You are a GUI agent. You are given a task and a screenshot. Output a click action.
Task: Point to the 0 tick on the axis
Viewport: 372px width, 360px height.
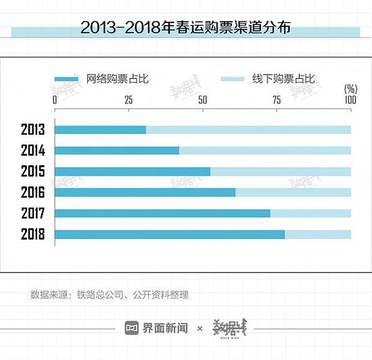click(x=55, y=99)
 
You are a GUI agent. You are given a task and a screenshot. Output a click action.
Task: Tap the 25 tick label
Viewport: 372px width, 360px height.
click(x=128, y=99)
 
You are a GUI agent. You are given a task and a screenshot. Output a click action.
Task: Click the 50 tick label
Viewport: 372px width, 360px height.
click(x=202, y=99)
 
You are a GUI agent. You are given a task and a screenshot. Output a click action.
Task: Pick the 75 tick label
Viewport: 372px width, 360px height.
click(x=277, y=99)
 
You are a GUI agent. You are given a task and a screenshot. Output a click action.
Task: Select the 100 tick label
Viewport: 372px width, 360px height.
click(x=350, y=99)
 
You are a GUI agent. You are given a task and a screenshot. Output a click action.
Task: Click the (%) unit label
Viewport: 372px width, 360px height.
click(x=350, y=89)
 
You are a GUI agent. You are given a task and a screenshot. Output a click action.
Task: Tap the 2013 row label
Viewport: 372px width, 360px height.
click(x=32, y=129)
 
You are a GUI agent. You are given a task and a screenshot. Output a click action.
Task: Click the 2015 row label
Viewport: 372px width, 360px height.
click(x=32, y=171)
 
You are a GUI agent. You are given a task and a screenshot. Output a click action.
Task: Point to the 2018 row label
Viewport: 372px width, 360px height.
click(x=32, y=235)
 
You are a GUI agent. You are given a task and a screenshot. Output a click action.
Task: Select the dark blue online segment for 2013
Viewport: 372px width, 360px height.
click(x=100, y=129)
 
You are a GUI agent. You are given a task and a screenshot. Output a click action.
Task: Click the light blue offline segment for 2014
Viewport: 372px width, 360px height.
click(x=265, y=150)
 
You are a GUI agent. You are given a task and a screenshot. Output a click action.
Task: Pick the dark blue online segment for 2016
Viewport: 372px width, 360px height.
click(x=145, y=192)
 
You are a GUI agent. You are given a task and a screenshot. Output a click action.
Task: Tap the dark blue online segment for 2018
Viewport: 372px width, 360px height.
click(x=169, y=235)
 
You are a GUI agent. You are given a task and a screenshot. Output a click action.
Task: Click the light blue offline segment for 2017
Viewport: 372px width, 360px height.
click(x=310, y=213)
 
